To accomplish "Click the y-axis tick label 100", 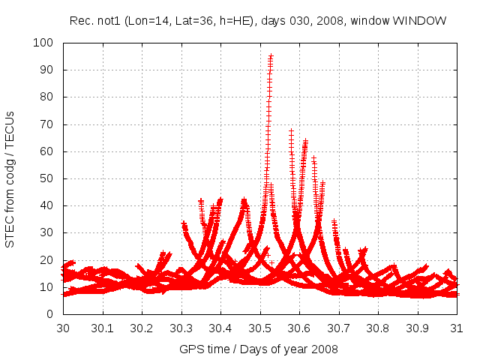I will [x=43, y=43].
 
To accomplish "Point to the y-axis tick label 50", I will [x=46, y=178].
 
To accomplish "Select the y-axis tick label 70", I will [x=46, y=124].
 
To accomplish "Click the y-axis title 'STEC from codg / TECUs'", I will [x=10, y=178].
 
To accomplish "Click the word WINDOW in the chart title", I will [x=423, y=21].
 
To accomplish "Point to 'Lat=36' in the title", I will [x=184, y=21].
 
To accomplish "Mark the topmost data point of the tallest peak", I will [x=271, y=56].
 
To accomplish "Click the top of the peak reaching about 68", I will [x=291, y=130].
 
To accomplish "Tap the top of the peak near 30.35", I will [x=201, y=201].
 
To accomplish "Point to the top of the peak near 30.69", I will [x=334, y=222].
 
